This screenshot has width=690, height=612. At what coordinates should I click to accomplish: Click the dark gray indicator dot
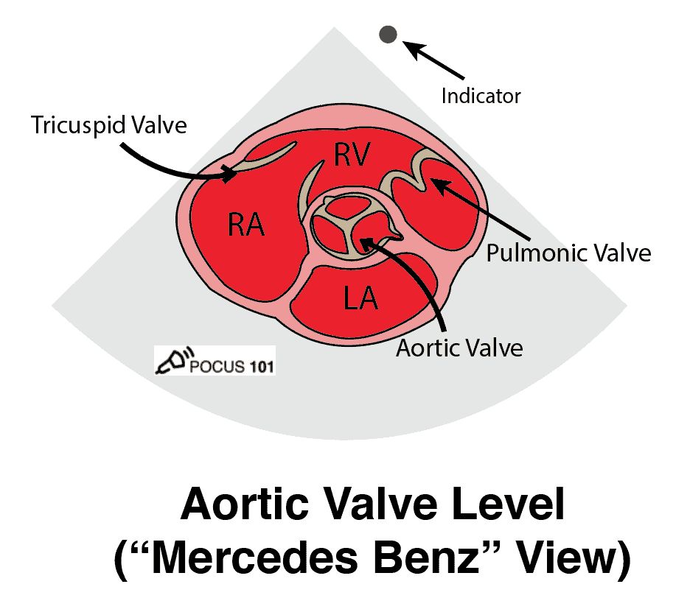click(x=388, y=35)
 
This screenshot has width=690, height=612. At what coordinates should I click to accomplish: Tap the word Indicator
click(x=481, y=96)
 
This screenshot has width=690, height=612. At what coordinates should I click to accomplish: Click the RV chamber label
click(x=352, y=155)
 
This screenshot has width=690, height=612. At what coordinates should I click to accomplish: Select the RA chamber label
click(x=246, y=224)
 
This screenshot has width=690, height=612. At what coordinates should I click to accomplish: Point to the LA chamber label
click(x=360, y=298)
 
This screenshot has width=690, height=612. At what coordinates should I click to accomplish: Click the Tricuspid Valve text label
click(x=109, y=125)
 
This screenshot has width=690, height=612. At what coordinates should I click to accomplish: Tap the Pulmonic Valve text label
click(x=568, y=253)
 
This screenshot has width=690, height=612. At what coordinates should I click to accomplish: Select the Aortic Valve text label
click(x=459, y=348)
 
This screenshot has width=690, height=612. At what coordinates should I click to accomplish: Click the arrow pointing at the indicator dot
click(x=433, y=60)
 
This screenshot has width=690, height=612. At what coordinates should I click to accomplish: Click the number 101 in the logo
click(x=262, y=366)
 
